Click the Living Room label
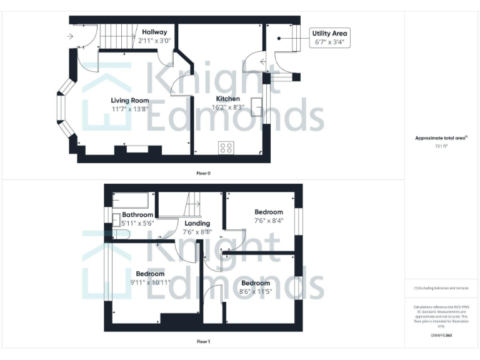coord(130,100)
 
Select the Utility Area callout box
coord(330,37)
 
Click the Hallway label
coord(154,32)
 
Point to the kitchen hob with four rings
coord(226,148)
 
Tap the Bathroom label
coord(137,215)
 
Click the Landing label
coord(197,223)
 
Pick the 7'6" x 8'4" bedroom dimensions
coord(268,220)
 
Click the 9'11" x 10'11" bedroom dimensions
coord(150,282)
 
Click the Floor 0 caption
coord(202,172)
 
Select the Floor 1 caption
coord(202,342)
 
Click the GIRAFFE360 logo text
coord(441,336)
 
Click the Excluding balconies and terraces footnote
coord(441,288)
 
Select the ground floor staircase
coord(118,36)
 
